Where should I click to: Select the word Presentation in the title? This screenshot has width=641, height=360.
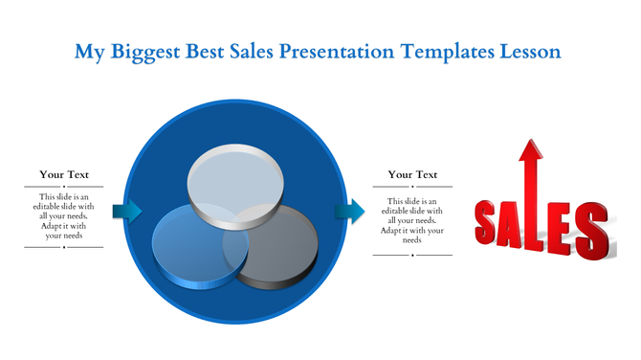coord(336,51)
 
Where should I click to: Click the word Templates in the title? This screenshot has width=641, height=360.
coord(443,51)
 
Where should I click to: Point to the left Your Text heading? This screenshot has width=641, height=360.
coord(64,174)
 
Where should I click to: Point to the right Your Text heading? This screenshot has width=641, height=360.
coord(412,174)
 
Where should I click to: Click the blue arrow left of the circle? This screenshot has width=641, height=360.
coord(126,211)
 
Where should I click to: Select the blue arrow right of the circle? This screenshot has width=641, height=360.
coord(350,211)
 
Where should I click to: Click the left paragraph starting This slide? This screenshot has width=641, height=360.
coord(64,215)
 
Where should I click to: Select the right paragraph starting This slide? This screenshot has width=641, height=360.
coord(412,220)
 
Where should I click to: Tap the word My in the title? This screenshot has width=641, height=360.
coord(87,51)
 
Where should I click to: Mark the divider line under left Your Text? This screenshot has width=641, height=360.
coord(64,187)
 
